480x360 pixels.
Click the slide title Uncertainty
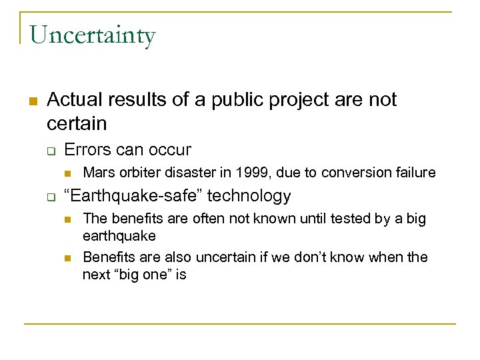point(92,35)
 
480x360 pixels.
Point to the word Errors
point(87,150)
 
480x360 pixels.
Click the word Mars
point(97,173)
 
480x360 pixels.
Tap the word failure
point(412,173)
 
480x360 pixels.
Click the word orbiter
point(136,173)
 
